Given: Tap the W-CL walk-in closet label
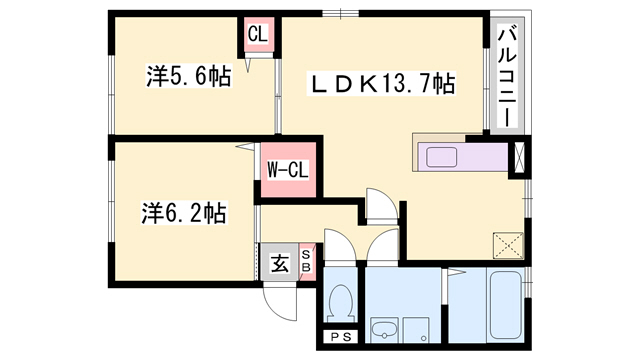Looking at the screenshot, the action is tap(287, 169).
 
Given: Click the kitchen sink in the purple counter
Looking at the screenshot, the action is tap(440, 157).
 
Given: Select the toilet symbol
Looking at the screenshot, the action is tap(341, 300).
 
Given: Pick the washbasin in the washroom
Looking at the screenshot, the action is tap(383, 329).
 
